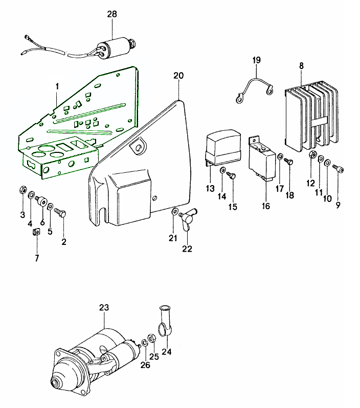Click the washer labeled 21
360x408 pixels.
[x=175, y=211]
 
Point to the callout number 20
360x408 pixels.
[x=178, y=76]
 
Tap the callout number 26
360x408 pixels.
[x=146, y=366]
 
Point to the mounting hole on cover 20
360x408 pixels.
[x=137, y=148]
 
